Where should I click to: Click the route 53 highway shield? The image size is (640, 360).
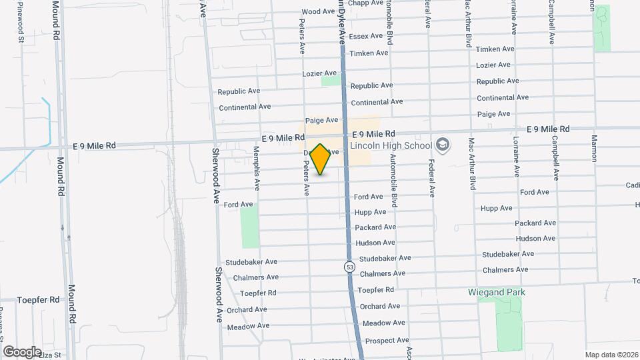click(349, 267)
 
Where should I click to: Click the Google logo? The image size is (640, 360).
click(22, 351)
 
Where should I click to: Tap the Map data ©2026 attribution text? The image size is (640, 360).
click(611, 355)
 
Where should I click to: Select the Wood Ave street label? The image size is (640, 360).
click(318, 11)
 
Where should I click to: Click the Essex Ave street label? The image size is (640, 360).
click(366, 36)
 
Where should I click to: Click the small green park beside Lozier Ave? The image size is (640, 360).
click(330, 81)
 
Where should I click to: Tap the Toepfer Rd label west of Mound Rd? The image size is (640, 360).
click(38, 300)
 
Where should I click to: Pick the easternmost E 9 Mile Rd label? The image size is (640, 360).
click(548, 129)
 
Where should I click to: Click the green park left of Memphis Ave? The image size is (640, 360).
click(249, 227)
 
